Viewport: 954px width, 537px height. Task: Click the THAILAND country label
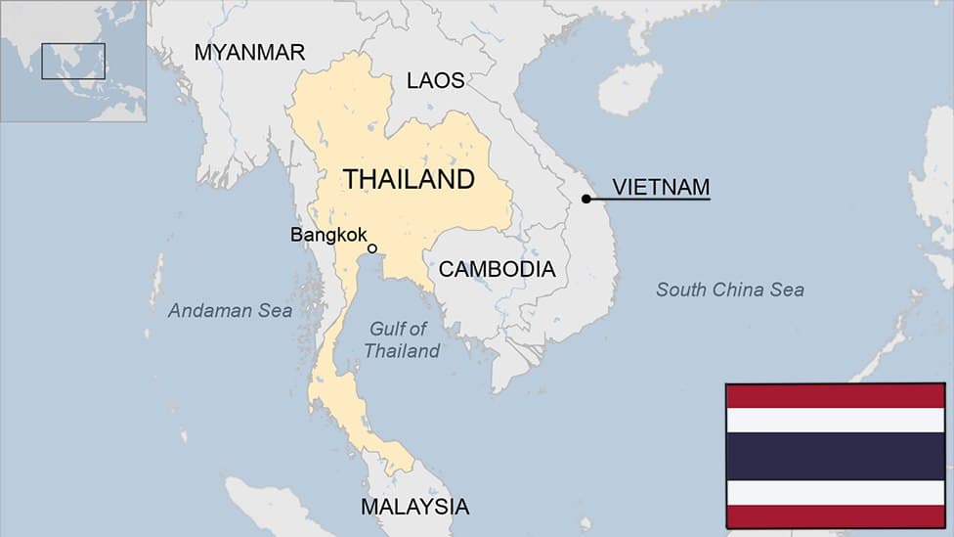coord(409,179)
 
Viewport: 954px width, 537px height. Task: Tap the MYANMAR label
coord(249,53)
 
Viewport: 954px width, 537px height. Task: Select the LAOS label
coord(436,80)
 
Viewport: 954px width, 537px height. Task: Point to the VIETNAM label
coord(661,187)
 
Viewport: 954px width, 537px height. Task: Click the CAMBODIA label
coord(497,269)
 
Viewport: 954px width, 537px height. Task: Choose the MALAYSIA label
coord(414,507)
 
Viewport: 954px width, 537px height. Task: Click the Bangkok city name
coord(328,235)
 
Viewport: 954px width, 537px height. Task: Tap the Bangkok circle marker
coord(372,248)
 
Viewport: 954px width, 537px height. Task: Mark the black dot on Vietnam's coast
coord(586,200)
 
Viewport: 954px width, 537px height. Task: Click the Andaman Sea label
coord(230,311)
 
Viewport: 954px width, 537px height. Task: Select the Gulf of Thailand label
coord(401,339)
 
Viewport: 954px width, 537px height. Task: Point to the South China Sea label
coord(730,290)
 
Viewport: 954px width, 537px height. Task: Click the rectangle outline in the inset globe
coord(73,61)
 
